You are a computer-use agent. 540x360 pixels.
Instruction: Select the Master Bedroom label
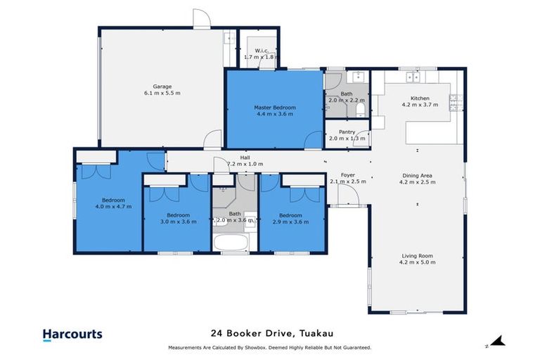274,108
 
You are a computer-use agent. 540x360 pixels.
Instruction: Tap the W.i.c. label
261,50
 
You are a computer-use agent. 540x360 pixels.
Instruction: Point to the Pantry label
347,131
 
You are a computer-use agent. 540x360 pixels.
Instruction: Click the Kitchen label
419,98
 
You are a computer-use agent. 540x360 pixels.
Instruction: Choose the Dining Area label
418,175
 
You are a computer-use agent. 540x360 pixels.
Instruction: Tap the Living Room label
418,256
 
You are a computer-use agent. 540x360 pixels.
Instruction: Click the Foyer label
347,175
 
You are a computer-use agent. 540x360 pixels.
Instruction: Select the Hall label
245,157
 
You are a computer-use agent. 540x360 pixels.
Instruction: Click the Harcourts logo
72,334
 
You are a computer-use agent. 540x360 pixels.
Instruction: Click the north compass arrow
498,342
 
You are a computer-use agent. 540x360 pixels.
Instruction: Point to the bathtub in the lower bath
234,244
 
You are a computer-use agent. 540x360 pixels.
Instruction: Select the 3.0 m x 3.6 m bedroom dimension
177,221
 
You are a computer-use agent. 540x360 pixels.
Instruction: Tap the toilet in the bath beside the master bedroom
360,107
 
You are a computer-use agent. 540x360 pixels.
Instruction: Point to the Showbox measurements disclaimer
270,348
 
